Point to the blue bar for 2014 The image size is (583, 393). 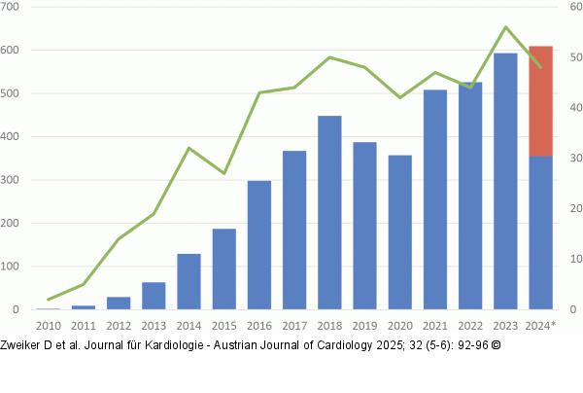[189, 282]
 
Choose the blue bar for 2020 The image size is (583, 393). [399, 232]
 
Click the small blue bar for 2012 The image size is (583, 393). [119, 304]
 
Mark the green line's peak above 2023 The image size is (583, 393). [505, 27]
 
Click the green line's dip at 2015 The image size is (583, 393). [224, 173]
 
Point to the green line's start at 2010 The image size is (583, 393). [49, 300]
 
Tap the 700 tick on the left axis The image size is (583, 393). [12, 7]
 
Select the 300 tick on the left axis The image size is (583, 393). [12, 180]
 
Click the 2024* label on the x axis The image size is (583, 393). [541, 325]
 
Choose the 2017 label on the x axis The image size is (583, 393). [294, 325]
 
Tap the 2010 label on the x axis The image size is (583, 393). [48, 325]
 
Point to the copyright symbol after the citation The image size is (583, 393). [497, 345]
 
